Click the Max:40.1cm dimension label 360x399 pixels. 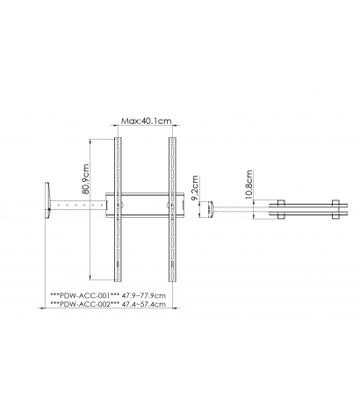pyautogui.click(x=147, y=120)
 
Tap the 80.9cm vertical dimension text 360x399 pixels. pyautogui.click(x=85, y=178)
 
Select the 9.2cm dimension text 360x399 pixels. pyautogui.click(x=195, y=188)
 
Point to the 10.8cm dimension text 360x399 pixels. pyautogui.click(x=248, y=185)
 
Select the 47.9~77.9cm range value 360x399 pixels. pyautogui.click(x=144, y=295)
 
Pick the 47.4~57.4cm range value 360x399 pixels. pyautogui.click(x=144, y=304)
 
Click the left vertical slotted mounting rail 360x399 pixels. pyautogui.click(x=118, y=209)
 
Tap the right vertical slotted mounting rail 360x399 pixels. pyautogui.click(x=172, y=209)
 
